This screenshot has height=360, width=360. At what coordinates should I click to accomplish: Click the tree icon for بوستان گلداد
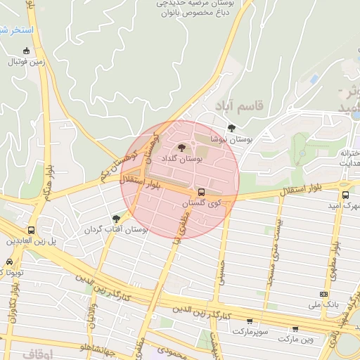[x=183, y=148]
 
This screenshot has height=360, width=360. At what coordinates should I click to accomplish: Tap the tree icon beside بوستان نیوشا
[x=231, y=127]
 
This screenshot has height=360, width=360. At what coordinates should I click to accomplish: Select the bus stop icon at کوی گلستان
[x=202, y=192]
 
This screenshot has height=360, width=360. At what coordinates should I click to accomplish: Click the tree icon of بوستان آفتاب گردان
[x=116, y=219]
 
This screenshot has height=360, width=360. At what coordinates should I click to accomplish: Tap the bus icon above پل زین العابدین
[x=31, y=230]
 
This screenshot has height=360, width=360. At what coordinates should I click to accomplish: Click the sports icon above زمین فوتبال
[x=27, y=51]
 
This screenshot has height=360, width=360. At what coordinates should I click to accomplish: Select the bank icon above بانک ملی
[x=323, y=294]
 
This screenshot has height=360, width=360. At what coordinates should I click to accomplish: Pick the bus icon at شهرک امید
[x=345, y=195]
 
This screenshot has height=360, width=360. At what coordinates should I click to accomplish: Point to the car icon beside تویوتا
[x=2, y=271]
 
